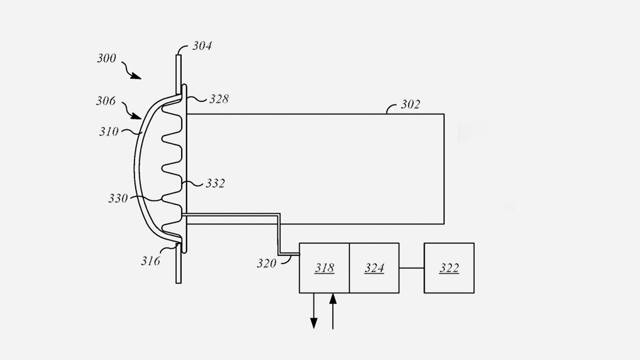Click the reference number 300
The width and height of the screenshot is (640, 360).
(106, 58)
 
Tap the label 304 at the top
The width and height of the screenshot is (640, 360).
(202, 46)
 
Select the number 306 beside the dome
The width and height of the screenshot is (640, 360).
(106, 101)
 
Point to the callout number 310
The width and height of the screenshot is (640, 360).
(109, 131)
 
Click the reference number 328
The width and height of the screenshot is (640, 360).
(219, 99)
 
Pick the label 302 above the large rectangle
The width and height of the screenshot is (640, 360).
(411, 104)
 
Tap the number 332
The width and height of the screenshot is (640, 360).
(216, 183)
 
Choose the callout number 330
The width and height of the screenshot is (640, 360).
(118, 198)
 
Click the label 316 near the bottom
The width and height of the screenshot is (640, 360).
(151, 261)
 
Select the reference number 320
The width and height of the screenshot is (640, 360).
(266, 263)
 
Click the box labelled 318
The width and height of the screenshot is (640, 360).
(324, 268)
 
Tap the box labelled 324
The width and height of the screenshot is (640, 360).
(374, 268)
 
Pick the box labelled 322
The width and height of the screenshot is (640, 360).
(449, 268)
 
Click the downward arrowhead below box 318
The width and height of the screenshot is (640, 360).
(314, 323)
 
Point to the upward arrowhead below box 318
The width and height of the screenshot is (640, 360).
(333, 299)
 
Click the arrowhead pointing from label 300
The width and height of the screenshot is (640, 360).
(136, 76)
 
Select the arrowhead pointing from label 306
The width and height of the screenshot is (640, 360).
(136, 116)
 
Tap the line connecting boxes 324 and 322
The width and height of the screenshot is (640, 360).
(412, 268)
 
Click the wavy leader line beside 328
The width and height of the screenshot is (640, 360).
(197, 99)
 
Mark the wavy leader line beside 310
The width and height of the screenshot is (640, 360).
(132, 131)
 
